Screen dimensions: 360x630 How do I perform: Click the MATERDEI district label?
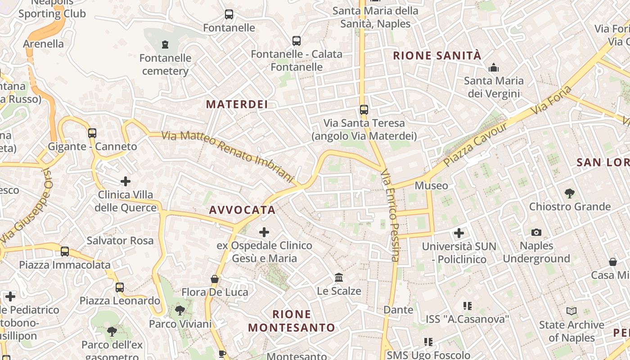[x=237, y=104]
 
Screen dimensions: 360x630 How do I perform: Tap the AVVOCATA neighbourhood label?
[x=242, y=210]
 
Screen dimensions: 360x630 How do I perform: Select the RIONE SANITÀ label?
[x=437, y=56]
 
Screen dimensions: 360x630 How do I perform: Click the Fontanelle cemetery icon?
[x=165, y=45]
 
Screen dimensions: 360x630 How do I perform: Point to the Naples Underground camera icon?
[x=536, y=233]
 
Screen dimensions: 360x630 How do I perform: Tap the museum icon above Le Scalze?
[x=339, y=277]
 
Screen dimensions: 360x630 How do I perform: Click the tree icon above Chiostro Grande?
[x=569, y=193]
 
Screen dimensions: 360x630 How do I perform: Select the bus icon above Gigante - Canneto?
[x=92, y=133]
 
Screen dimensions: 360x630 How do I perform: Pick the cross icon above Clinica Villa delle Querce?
[x=126, y=181]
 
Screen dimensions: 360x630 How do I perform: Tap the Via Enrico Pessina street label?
[x=390, y=215]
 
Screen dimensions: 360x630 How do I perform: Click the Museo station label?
[x=431, y=185]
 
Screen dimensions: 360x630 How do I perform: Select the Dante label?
[x=398, y=310]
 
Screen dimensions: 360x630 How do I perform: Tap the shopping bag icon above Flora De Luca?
[x=215, y=279]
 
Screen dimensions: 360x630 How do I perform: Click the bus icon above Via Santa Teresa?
[x=364, y=109]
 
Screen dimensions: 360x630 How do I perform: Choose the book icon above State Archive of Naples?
[x=571, y=311]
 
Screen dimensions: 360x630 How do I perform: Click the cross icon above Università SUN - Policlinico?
[x=459, y=233]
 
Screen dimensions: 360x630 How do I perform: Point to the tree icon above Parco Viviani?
[x=180, y=310]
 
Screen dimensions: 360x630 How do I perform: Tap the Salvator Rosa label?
[x=120, y=241]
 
